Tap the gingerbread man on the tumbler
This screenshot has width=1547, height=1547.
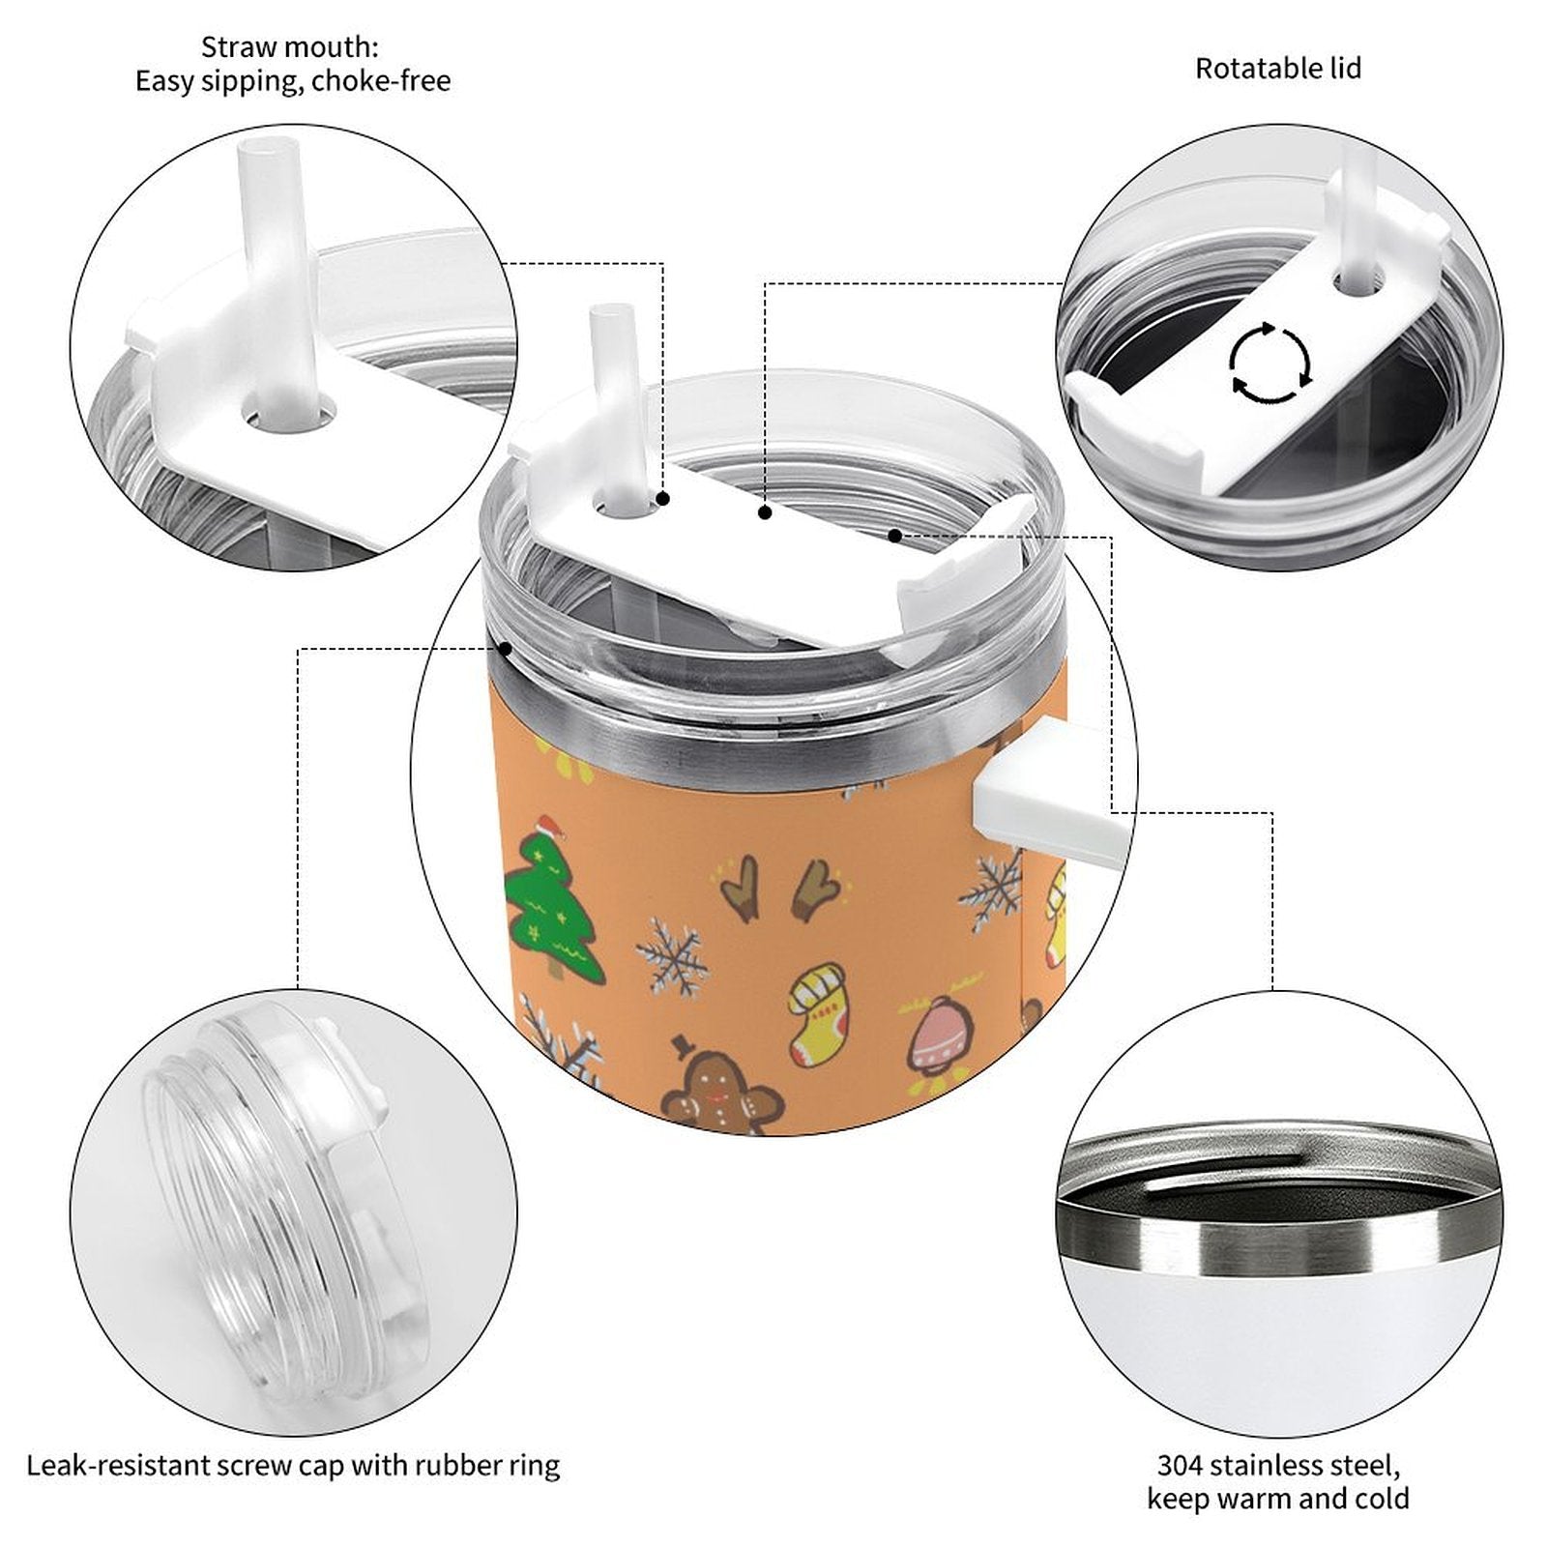tap(720, 1087)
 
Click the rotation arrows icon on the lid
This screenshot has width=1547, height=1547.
tap(1270, 363)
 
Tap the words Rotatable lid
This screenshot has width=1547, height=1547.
tap(1277, 69)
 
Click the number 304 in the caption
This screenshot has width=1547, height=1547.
tap(1179, 1465)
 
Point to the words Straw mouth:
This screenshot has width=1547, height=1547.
tap(289, 46)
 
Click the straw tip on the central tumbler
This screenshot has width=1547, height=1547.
tap(611, 314)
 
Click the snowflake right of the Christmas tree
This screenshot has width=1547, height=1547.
tap(671, 956)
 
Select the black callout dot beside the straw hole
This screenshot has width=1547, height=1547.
tap(663, 499)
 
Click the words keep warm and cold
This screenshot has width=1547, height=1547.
tap(1277, 1499)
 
